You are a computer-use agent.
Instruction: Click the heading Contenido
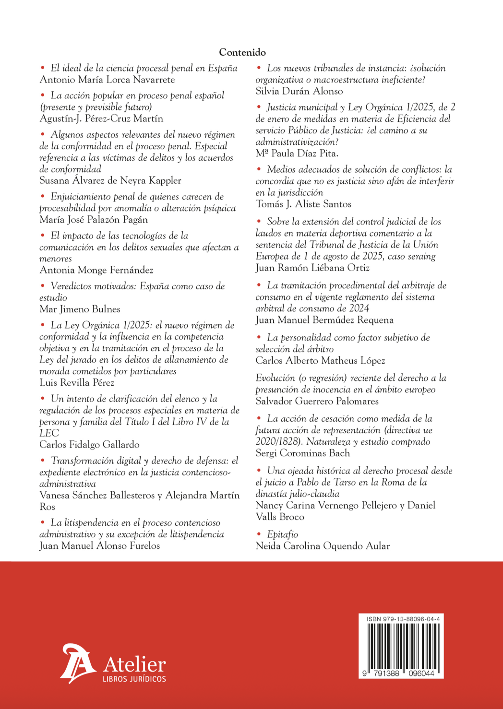click(242, 52)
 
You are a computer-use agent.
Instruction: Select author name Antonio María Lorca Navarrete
click(107, 80)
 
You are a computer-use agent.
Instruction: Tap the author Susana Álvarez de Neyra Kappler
click(110, 181)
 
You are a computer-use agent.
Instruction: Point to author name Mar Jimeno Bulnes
click(80, 309)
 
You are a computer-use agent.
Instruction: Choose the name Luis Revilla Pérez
click(77, 383)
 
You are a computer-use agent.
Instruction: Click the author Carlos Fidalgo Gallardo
click(89, 445)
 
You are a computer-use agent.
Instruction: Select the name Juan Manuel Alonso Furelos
click(100, 546)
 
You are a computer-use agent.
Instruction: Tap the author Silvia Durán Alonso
click(299, 91)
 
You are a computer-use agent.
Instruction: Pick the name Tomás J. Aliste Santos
click(303, 204)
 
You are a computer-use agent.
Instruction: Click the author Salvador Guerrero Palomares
click(317, 402)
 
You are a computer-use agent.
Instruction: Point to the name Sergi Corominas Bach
click(302, 453)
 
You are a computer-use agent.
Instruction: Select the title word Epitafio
click(283, 534)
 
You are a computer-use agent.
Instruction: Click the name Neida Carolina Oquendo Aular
click(323, 546)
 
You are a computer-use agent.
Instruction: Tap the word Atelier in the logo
click(134, 664)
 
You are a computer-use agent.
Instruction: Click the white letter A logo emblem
click(77, 663)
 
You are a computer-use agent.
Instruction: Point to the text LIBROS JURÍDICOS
click(134, 679)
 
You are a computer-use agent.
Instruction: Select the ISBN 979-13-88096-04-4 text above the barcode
click(403, 619)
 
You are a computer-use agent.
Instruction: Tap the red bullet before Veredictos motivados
click(43, 286)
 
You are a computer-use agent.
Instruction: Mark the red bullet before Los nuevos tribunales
click(259, 68)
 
